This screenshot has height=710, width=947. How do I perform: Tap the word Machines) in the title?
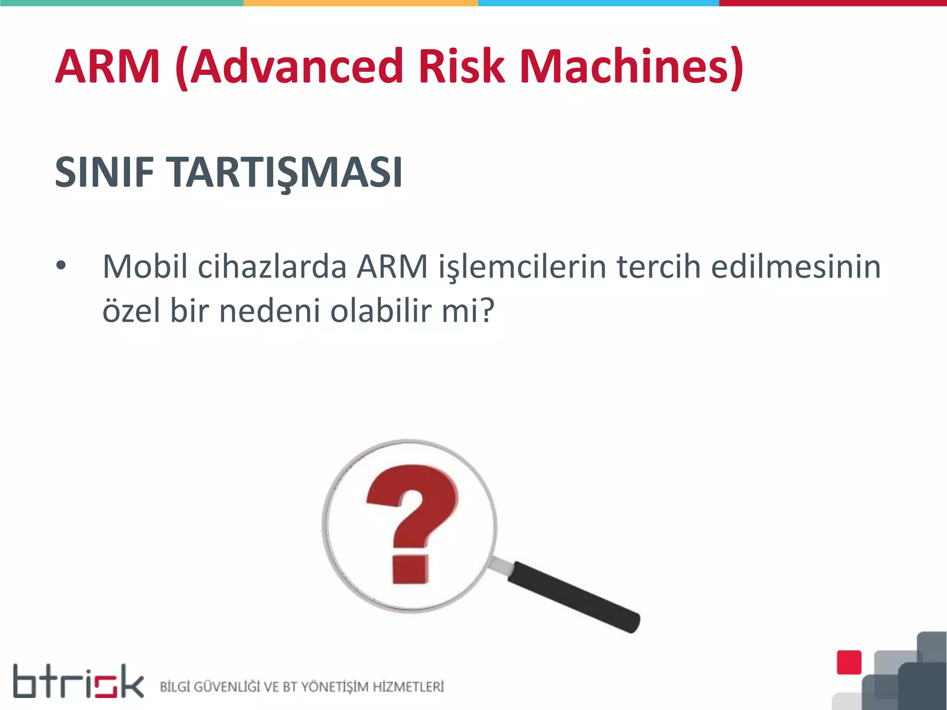click(631, 67)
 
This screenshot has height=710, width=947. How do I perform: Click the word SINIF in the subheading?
click(105, 172)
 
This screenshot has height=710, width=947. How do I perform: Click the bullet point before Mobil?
click(61, 266)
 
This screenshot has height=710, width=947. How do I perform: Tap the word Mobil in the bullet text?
click(145, 267)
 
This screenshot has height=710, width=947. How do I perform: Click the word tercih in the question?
click(659, 267)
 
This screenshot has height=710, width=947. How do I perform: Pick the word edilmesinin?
click(795, 267)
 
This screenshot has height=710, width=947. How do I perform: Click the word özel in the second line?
click(131, 310)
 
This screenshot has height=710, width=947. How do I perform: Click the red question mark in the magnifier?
click(412, 522)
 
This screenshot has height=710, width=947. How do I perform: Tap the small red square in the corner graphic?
click(849, 662)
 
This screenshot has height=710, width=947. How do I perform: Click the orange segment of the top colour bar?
click(361, 3)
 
